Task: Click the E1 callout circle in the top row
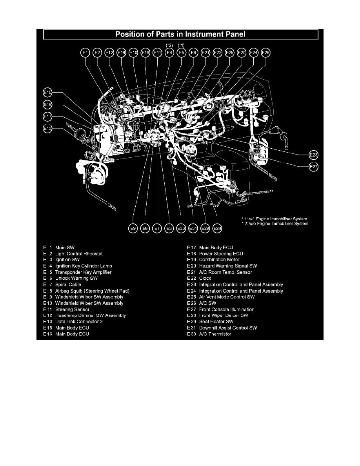click(x=85, y=53)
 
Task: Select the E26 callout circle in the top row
click(x=265, y=53)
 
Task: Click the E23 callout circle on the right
click(x=313, y=154)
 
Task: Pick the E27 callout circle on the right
click(x=313, y=166)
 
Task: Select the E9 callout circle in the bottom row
click(x=133, y=228)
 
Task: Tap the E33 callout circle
click(x=181, y=228)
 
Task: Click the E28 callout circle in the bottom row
click(x=217, y=228)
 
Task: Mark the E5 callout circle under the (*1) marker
click(x=181, y=53)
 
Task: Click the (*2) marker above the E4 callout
click(x=169, y=45)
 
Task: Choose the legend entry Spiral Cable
click(x=68, y=284)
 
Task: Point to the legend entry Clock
click(x=205, y=278)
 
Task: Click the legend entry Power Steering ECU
click(x=221, y=254)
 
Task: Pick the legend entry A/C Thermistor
click(x=215, y=334)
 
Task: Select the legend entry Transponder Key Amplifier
click(x=83, y=272)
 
